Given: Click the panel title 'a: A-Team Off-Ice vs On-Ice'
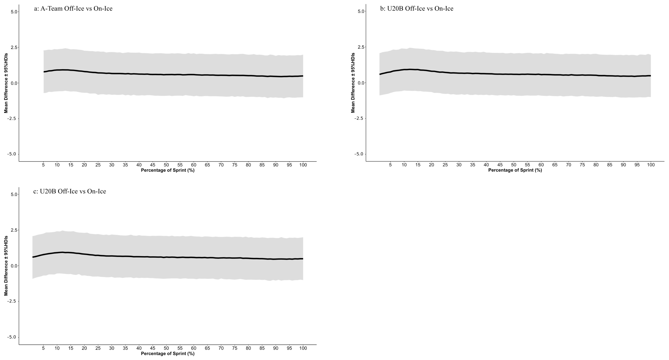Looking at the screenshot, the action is [73, 9].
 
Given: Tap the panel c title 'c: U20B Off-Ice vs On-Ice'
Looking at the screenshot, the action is [70, 191].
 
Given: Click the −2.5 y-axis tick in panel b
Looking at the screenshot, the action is [359, 118].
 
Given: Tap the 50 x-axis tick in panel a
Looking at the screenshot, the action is [166, 165].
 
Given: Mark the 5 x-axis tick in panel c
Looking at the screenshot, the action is [43, 348].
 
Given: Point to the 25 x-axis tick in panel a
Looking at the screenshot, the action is [98, 165].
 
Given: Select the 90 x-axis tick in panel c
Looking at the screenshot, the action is [276, 348].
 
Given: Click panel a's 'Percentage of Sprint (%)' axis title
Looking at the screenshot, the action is [168, 170].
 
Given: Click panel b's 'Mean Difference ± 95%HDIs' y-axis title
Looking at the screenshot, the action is [353, 83].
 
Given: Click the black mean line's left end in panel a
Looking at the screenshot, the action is [44, 72].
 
